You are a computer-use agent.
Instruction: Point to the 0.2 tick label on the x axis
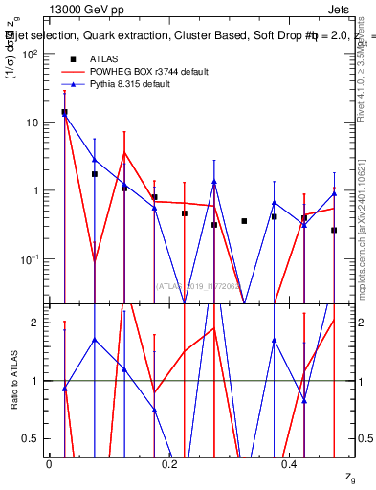pyautogui.click(x=168, y=463)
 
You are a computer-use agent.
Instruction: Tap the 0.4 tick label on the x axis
pyautogui.click(x=288, y=463)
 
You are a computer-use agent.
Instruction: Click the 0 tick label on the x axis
pyautogui.click(x=49, y=463)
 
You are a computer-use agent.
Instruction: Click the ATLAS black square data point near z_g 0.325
pyautogui.click(x=244, y=221)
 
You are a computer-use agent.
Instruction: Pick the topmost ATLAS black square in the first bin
pyautogui.click(x=64, y=112)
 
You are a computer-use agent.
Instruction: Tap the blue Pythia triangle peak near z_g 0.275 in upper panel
pyautogui.click(x=214, y=182)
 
